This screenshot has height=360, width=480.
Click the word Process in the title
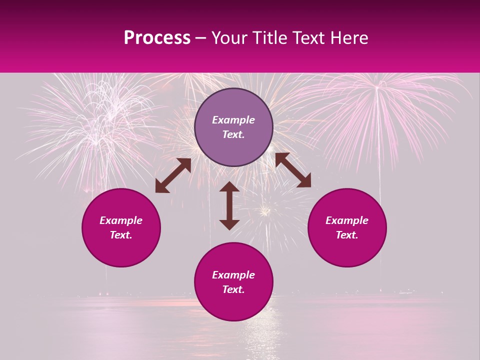157,38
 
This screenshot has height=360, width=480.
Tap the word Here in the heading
349,38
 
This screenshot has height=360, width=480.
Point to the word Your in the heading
230,38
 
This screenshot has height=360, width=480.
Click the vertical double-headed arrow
229,205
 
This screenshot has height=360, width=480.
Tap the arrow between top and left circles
173,175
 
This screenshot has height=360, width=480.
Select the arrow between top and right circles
293,170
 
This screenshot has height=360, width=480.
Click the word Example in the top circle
233,120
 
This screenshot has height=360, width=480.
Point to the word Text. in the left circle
121,235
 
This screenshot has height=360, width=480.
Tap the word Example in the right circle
347,220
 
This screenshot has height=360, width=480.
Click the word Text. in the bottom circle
233,289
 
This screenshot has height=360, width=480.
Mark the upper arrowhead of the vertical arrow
229,187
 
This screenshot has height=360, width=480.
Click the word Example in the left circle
121,220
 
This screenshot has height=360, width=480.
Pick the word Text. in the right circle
347,235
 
